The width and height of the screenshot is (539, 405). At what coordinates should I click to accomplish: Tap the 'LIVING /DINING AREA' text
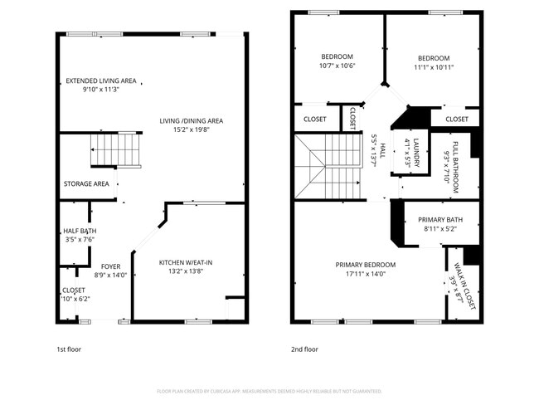point(192,120)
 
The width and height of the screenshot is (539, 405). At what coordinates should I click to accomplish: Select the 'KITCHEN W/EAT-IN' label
point(186,263)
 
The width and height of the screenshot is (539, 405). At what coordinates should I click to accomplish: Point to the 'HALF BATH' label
point(79,232)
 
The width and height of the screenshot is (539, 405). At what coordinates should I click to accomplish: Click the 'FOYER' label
point(110,266)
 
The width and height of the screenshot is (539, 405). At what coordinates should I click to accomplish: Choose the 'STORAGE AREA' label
point(86,183)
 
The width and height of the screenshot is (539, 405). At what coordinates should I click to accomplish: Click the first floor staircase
point(115,150)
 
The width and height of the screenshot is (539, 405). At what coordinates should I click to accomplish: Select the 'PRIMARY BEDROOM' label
point(366,265)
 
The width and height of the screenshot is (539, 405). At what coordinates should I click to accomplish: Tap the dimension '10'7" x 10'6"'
point(338,66)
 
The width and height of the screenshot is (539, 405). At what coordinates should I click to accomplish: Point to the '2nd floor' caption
point(304,349)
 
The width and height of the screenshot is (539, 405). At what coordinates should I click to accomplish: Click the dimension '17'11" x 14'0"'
point(366,274)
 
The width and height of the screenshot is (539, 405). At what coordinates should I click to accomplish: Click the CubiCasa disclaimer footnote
point(269,391)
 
